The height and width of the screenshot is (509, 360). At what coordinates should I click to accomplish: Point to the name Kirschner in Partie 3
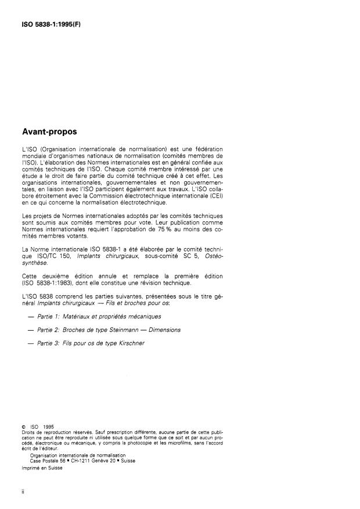point(129,343)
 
